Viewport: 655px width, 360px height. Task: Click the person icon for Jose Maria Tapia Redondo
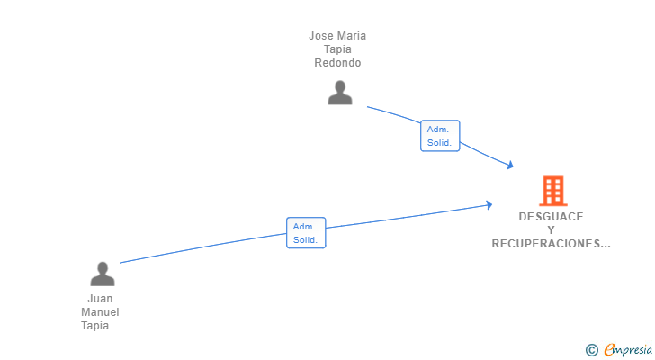click(340, 93)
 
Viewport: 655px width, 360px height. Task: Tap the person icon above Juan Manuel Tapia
click(103, 274)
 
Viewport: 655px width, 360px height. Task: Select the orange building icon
click(553, 191)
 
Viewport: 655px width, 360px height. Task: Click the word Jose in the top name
click(321, 36)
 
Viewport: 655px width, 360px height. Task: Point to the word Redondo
click(337, 63)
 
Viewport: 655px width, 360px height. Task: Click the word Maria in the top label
click(352, 36)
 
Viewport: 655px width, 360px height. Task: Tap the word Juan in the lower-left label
click(100, 299)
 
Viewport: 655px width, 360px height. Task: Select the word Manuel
click(100, 312)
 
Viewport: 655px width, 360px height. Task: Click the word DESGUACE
click(551, 217)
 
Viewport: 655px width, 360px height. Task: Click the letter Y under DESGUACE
click(551, 230)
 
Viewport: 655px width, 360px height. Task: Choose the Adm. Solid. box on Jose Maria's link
click(440, 136)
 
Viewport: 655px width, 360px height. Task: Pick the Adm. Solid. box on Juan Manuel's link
click(306, 232)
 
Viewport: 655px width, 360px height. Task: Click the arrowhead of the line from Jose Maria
click(510, 165)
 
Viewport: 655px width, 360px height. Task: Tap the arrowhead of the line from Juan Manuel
click(489, 204)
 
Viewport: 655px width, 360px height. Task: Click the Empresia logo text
click(628, 350)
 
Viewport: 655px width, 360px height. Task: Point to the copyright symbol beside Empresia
click(591, 350)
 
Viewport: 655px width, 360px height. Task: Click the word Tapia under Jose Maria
click(337, 49)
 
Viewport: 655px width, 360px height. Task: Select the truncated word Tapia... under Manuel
click(100, 326)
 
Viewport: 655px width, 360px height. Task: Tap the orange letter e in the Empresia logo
click(609, 350)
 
